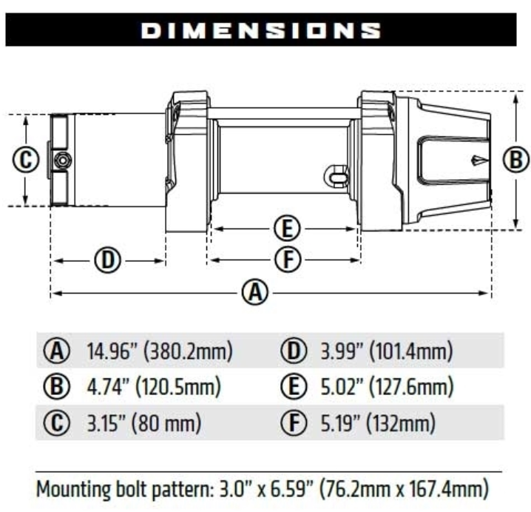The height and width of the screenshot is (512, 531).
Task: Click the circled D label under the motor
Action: pyautogui.click(x=108, y=260)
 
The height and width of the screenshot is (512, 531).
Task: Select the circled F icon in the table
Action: pyautogui.click(x=291, y=423)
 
